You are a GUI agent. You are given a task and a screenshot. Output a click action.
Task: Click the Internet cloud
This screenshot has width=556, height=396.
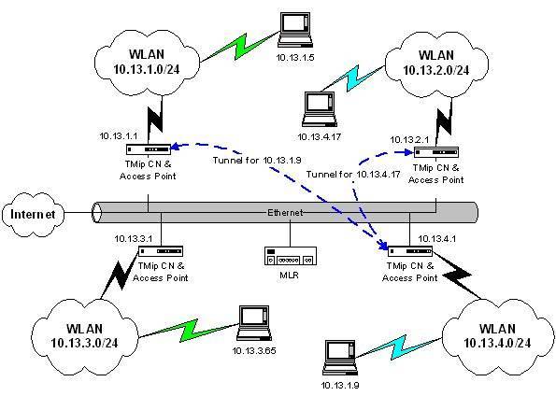pos(33,214)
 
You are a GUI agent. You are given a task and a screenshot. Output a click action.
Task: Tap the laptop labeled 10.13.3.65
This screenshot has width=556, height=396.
pos(253,323)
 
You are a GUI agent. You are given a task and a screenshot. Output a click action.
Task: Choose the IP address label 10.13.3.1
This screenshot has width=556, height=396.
pos(133,239)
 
